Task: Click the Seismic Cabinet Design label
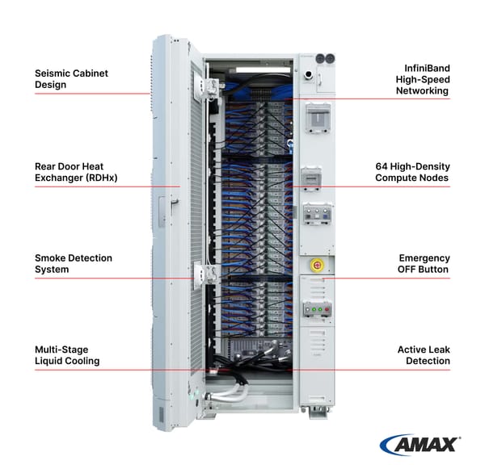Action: point(71,79)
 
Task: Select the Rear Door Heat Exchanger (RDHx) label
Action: point(76,172)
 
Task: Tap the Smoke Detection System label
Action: point(74,264)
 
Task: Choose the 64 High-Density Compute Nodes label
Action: point(412,172)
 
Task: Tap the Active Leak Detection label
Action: point(424,355)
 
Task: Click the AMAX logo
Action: point(420,443)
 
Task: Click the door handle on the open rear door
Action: point(173,208)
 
